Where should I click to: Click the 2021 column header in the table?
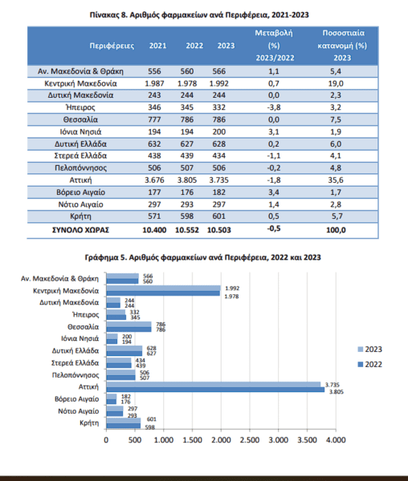point(157,46)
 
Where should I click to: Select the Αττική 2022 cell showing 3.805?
point(187,180)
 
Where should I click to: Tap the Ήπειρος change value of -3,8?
point(274,107)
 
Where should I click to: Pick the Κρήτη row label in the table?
point(80,216)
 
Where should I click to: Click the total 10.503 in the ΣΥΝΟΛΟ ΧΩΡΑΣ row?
point(218,230)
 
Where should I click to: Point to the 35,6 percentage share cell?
point(336,180)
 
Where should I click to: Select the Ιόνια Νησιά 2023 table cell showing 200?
point(218,132)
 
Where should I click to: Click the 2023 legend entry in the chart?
point(370,350)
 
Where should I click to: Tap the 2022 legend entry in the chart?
point(370,365)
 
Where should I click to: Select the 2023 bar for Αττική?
point(213,384)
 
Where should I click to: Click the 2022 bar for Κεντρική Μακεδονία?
point(163,293)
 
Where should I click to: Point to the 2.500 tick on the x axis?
point(250,440)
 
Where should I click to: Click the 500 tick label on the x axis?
point(135,440)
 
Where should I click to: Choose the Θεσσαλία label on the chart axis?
point(84,327)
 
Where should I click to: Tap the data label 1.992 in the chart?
point(232,289)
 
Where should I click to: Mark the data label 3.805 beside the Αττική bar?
point(336,392)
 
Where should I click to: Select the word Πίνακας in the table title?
point(104,15)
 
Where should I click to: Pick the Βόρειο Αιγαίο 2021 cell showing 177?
point(154,192)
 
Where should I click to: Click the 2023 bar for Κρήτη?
point(123,421)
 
